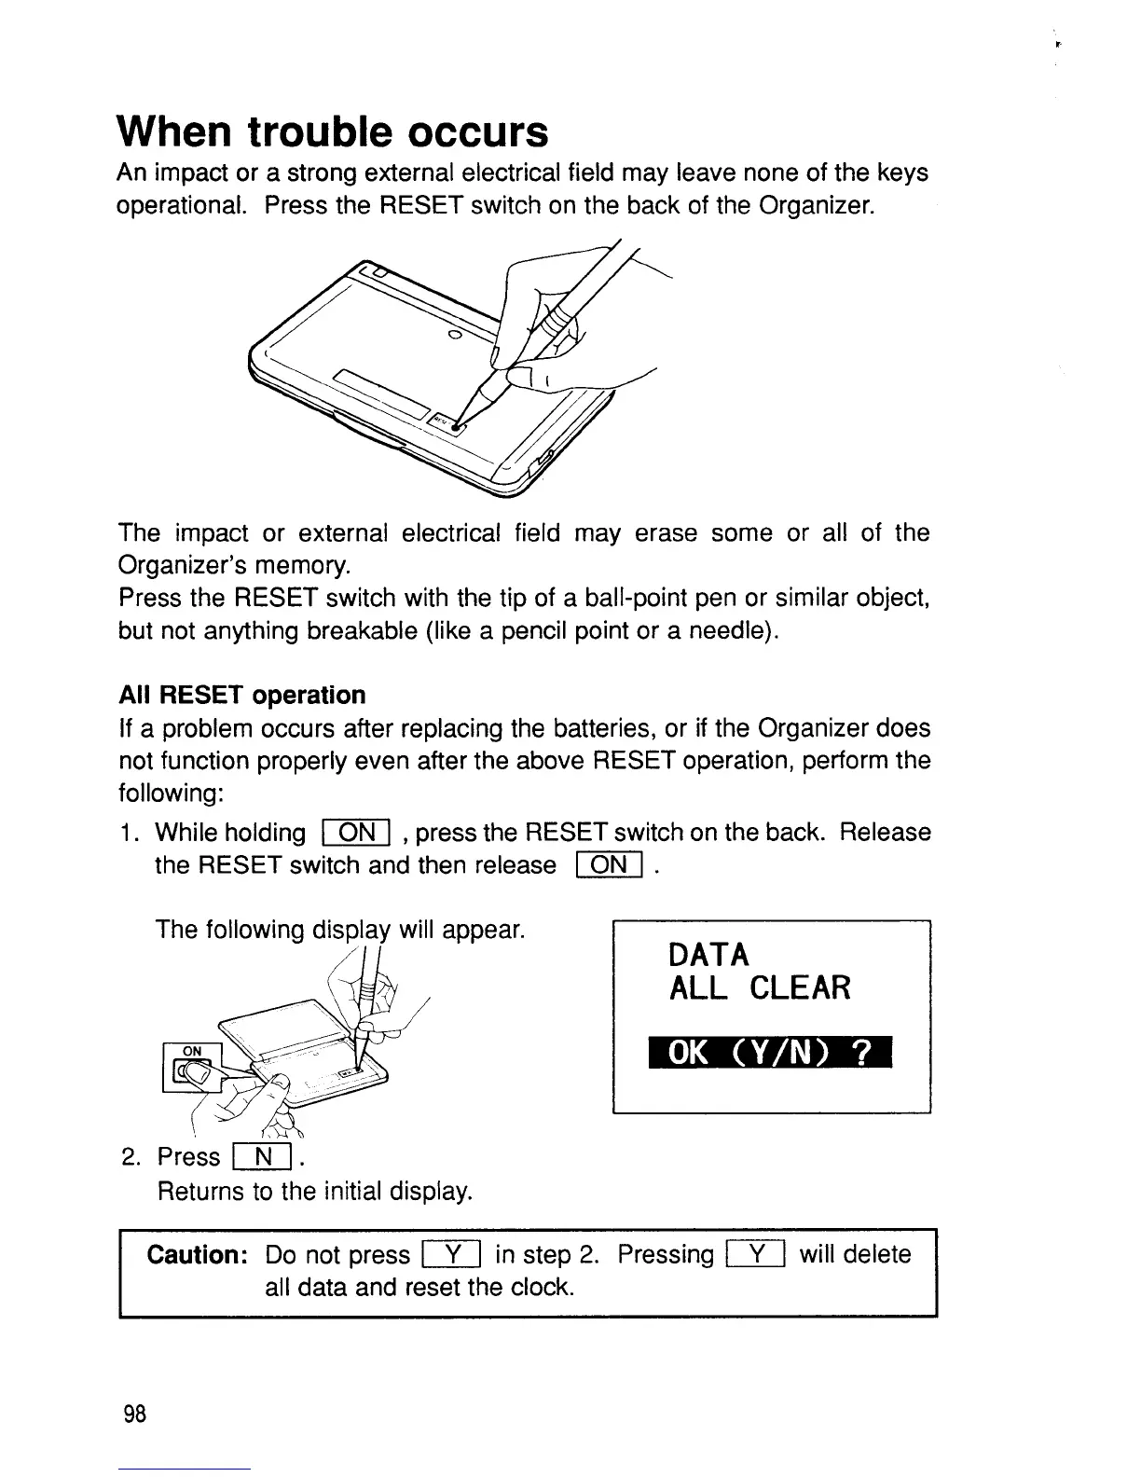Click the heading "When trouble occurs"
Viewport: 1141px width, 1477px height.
(x=332, y=132)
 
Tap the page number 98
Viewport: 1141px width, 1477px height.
(x=135, y=1415)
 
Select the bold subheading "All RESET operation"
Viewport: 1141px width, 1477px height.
(x=242, y=696)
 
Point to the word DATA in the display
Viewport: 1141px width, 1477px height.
(x=708, y=955)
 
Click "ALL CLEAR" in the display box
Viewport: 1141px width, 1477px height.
(x=760, y=988)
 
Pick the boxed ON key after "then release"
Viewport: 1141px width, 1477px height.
(x=610, y=866)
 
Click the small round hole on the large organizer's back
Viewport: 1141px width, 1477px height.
(x=455, y=334)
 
